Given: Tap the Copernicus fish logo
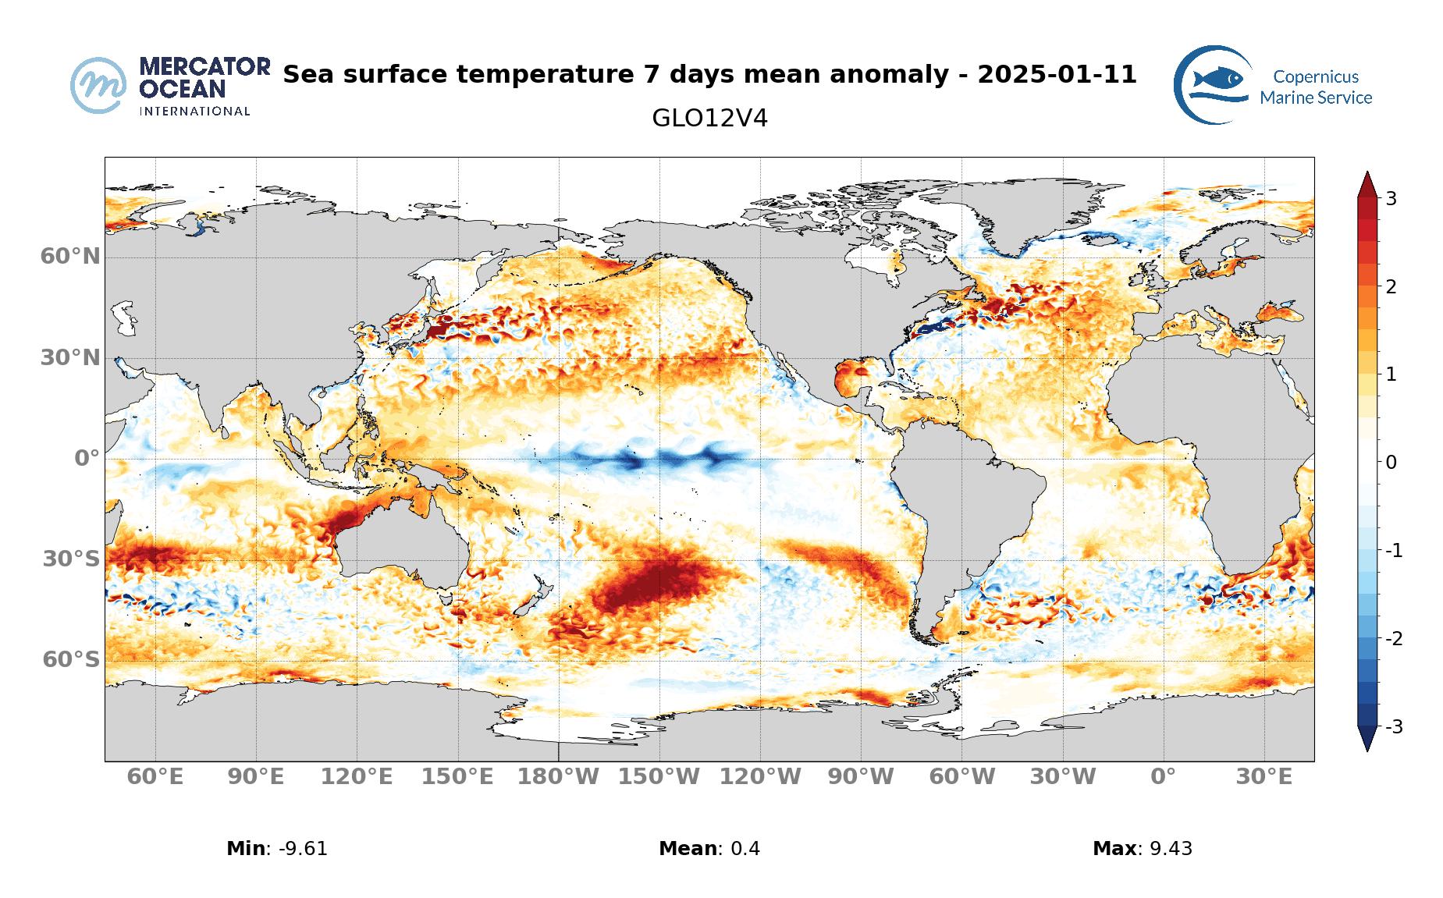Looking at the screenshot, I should pos(1213,84).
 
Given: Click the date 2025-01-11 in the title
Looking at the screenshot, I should pos(1056,75).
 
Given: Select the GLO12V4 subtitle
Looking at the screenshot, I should pos(709,119).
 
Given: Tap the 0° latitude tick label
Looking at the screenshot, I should pos(87,458).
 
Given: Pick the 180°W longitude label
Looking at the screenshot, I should pos(559,777).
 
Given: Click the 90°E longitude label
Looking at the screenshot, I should pos(256,777).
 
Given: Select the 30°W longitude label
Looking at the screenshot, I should pos(1062,777).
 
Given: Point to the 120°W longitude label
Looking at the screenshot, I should pos(760,777).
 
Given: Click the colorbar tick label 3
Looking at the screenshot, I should pos(1391,198).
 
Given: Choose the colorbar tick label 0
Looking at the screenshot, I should pos(1391,463).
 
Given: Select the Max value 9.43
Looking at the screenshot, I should pos(1171,849).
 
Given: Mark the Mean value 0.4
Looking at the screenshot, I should pos(745,849).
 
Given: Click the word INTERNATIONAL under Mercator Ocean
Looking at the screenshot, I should pos(194,112).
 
